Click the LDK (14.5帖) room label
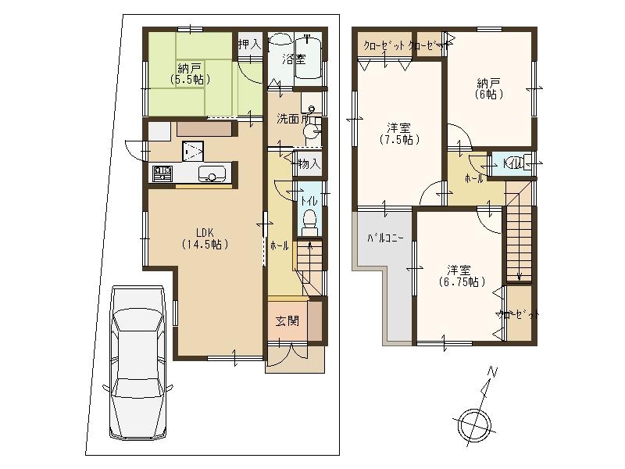point(205,238)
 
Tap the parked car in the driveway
point(137,361)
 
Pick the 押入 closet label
point(248,44)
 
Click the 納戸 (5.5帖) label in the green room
point(187,73)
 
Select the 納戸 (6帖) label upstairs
point(489,87)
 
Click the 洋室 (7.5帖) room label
point(398,134)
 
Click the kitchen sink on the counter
point(212,174)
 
